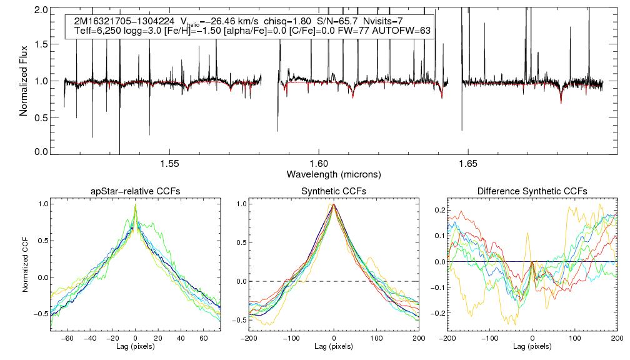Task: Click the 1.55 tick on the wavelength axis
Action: pos(170,164)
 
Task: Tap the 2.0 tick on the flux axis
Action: pos(42,11)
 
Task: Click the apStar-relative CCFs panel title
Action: pos(135,191)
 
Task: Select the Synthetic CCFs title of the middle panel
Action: pos(334,191)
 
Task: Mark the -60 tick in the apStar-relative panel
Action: pos(68,338)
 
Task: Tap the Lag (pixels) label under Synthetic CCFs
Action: pos(334,346)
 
